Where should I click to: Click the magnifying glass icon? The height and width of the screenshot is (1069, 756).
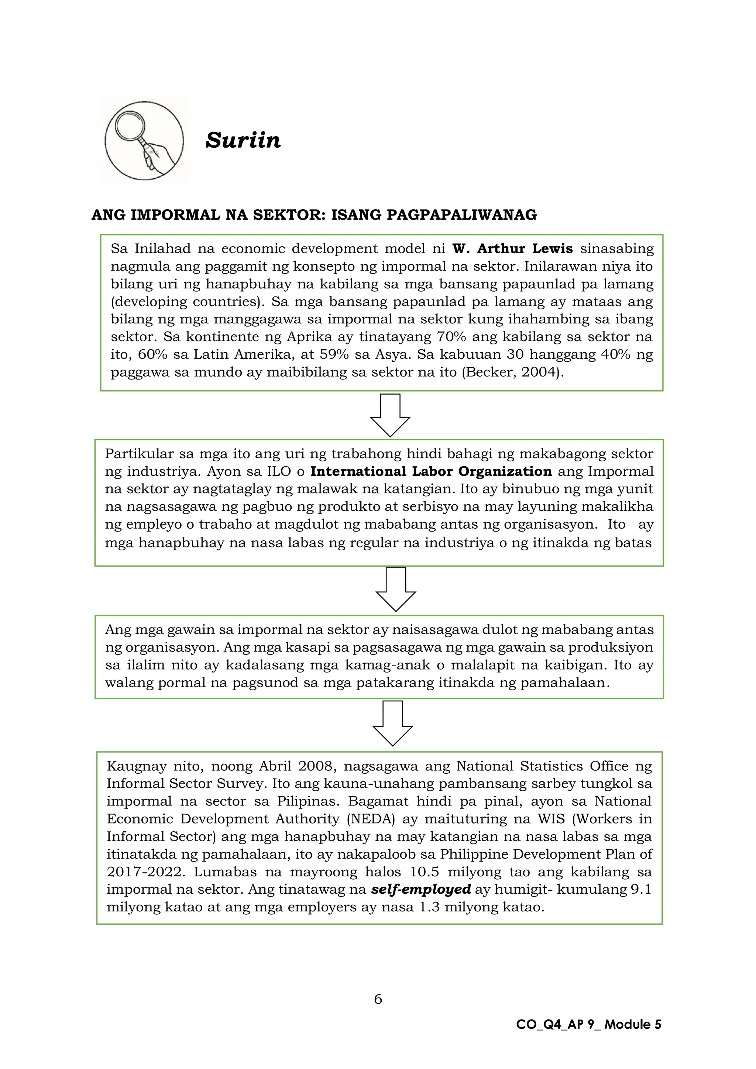tap(144, 140)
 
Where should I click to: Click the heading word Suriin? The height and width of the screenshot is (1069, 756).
tap(243, 140)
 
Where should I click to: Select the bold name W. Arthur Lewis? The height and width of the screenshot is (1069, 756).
tap(512, 249)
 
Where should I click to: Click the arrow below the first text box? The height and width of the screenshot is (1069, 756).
tap(390, 415)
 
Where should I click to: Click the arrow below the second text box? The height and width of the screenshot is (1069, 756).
tap(395, 589)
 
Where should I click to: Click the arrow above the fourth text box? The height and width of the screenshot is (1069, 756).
tap(392, 723)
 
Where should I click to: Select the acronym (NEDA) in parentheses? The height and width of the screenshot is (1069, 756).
tap(371, 819)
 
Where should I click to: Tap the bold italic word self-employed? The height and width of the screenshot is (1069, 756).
tap(421, 889)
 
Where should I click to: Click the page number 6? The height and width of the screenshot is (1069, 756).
tap(378, 999)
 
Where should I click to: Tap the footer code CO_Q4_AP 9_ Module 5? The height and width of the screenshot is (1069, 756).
tap(588, 1025)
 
